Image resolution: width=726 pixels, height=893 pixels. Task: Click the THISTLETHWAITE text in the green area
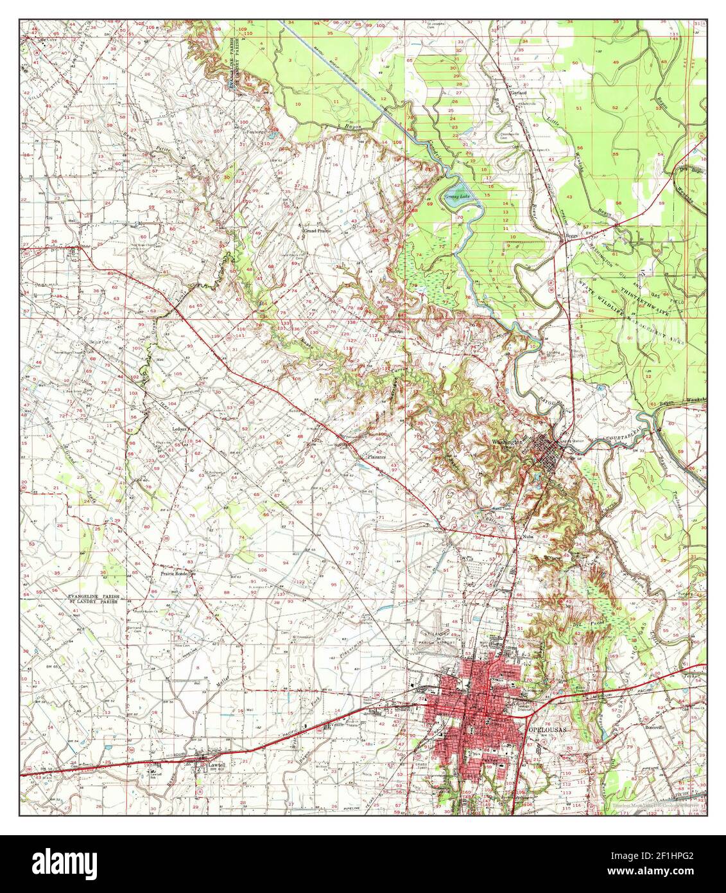tap(643, 302)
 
